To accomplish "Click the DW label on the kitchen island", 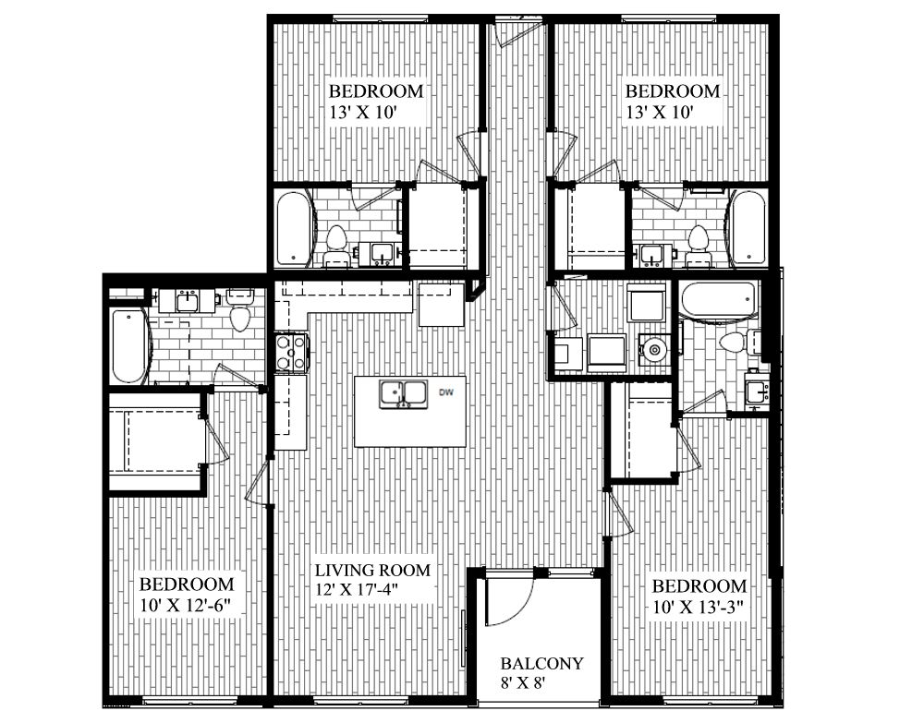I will pos(445,393).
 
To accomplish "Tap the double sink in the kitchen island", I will pos(403,393).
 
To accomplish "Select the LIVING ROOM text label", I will pos(371,570).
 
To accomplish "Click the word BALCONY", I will pos(541,663).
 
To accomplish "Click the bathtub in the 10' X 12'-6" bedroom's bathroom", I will pos(128,346).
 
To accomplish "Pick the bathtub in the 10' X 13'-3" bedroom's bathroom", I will pos(719,300).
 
